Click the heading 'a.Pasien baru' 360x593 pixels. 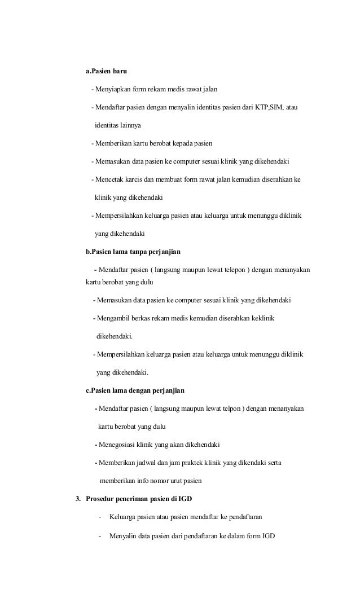(x=106, y=72)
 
